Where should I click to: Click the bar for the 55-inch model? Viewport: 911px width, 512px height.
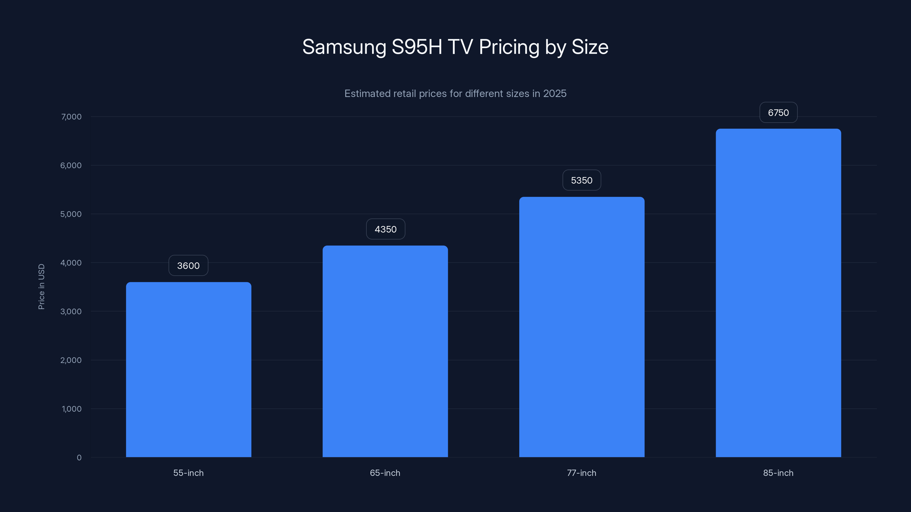click(188, 369)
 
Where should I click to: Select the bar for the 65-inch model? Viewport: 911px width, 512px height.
click(385, 351)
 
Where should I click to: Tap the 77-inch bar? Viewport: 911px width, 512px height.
click(582, 327)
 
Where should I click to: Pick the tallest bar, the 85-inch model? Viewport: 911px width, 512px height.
click(778, 293)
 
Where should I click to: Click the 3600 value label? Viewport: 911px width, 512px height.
click(188, 266)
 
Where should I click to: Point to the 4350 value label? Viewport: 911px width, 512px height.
click(385, 229)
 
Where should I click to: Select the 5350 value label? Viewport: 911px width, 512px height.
click(582, 181)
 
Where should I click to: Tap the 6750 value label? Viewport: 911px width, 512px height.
click(778, 113)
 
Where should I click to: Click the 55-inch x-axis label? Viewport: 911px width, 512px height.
click(188, 473)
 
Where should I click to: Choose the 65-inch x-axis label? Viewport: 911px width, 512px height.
click(385, 473)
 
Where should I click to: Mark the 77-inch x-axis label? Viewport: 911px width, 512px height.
click(582, 473)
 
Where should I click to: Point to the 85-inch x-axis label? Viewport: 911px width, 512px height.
click(778, 473)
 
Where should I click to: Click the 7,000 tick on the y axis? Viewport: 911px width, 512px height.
click(71, 117)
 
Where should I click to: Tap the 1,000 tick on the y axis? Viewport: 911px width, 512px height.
click(71, 409)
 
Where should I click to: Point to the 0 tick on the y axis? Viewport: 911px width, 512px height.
click(79, 458)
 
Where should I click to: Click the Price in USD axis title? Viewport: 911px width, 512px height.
click(41, 286)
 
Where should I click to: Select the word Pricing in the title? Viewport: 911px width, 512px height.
click(509, 47)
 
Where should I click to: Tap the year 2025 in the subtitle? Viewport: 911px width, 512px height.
click(555, 94)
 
